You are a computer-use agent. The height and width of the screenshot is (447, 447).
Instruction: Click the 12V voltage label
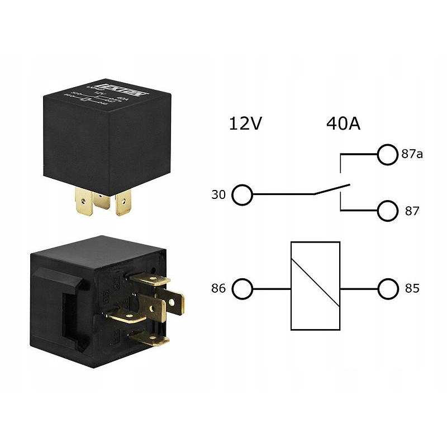[x=245, y=123]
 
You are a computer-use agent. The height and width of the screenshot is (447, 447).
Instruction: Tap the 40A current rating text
[x=343, y=123]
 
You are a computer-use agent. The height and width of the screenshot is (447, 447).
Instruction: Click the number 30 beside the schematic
[x=218, y=196]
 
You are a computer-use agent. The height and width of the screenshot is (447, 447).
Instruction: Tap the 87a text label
[x=412, y=154]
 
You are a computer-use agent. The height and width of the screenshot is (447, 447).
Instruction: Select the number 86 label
[x=218, y=290]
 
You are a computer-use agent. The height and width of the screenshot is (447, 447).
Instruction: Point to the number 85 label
[x=411, y=290]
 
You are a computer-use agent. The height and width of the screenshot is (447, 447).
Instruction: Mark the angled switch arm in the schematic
[x=332, y=189]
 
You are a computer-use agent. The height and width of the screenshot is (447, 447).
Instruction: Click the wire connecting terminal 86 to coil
[x=272, y=289]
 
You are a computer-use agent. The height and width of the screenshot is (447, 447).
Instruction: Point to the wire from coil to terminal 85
[x=359, y=289]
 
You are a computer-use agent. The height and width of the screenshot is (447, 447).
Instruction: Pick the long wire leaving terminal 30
[x=282, y=195]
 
